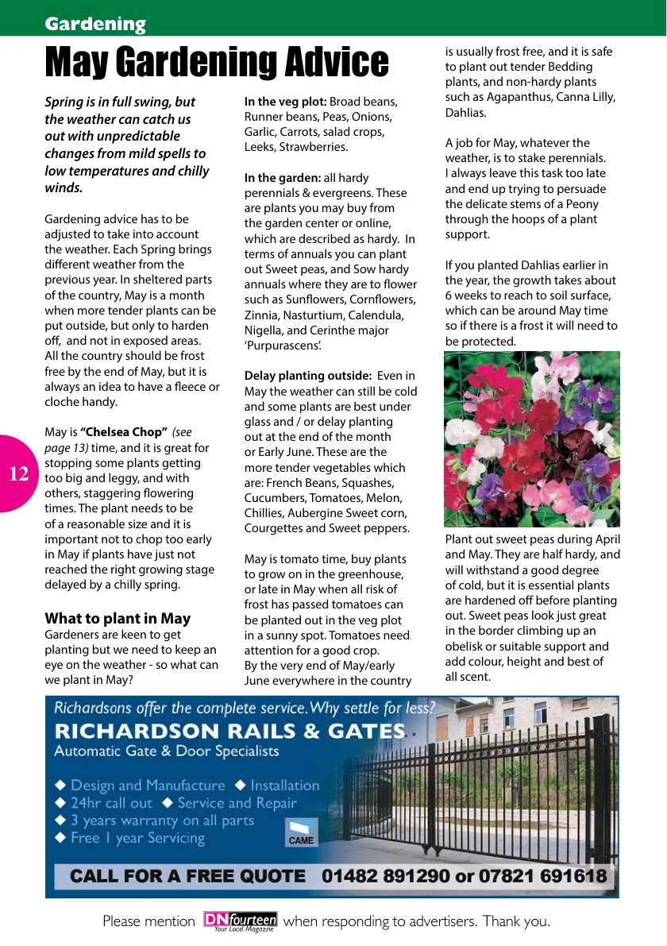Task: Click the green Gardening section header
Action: coord(95,24)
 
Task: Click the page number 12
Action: coord(19,474)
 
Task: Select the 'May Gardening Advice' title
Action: coord(217,63)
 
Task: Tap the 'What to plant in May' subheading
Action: coord(118,618)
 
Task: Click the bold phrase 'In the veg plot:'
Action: coord(285,102)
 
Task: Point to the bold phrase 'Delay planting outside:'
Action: coord(307,376)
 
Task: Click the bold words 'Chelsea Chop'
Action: coord(124,432)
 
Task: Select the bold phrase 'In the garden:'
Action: coord(282,178)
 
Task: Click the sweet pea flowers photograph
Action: coord(531,439)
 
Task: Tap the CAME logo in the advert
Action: coord(301,833)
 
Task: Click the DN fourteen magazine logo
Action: coord(240,921)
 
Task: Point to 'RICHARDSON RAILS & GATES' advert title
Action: coord(229,731)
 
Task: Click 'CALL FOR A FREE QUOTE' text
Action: coord(187,877)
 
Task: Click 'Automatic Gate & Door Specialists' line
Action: coord(167,751)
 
